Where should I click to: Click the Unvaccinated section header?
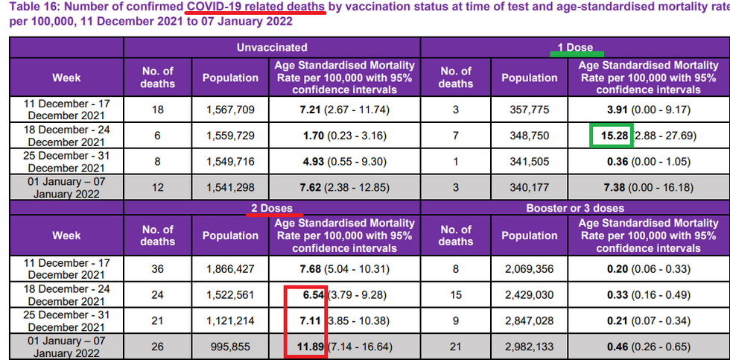(x=273, y=47)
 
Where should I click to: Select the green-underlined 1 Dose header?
(x=575, y=47)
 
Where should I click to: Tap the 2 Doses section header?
(x=273, y=208)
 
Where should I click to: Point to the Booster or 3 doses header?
(x=575, y=208)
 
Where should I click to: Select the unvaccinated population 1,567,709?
(x=230, y=110)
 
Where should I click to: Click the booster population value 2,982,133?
(x=529, y=346)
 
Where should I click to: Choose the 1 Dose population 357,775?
(x=529, y=110)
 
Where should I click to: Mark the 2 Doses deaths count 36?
(x=157, y=268)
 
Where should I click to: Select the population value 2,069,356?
(x=529, y=268)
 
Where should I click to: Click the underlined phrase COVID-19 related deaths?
(x=256, y=7)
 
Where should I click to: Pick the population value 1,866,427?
(x=230, y=268)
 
